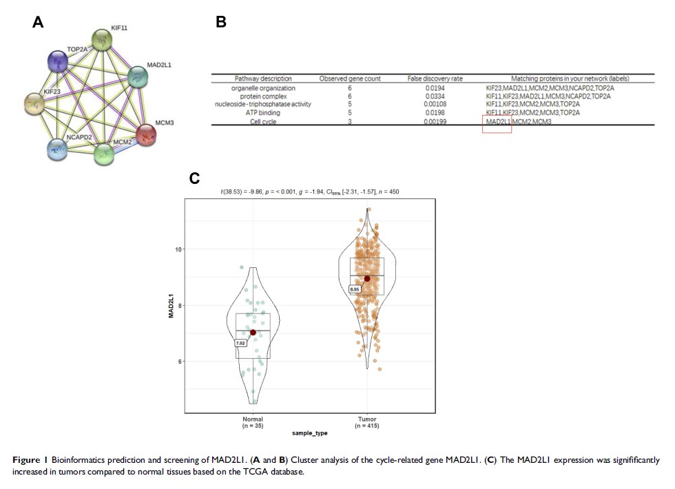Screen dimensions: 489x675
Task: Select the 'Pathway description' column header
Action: pos(263,79)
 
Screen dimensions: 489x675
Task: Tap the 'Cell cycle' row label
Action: pos(263,121)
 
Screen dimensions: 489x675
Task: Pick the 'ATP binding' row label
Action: pos(263,113)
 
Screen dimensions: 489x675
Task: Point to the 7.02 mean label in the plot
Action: pos(241,342)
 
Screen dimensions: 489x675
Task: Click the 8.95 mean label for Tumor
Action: pos(355,290)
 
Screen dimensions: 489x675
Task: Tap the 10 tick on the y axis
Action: pos(177,249)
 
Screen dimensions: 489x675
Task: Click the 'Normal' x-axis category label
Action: pos(253,419)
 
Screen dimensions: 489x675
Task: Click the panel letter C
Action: pos(194,178)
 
